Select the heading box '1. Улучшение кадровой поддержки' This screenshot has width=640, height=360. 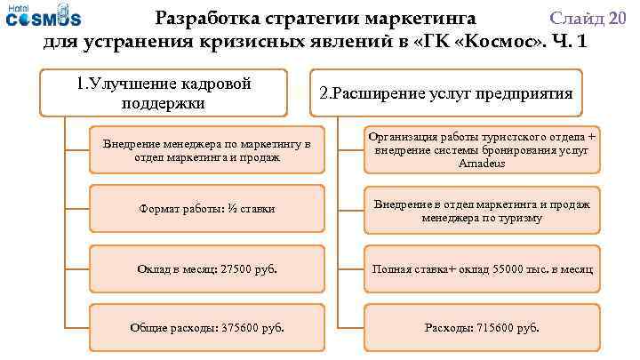click(x=164, y=93)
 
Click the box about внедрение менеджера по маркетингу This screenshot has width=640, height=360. click(x=207, y=150)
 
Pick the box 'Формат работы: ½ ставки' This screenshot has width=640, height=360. click(x=207, y=209)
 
